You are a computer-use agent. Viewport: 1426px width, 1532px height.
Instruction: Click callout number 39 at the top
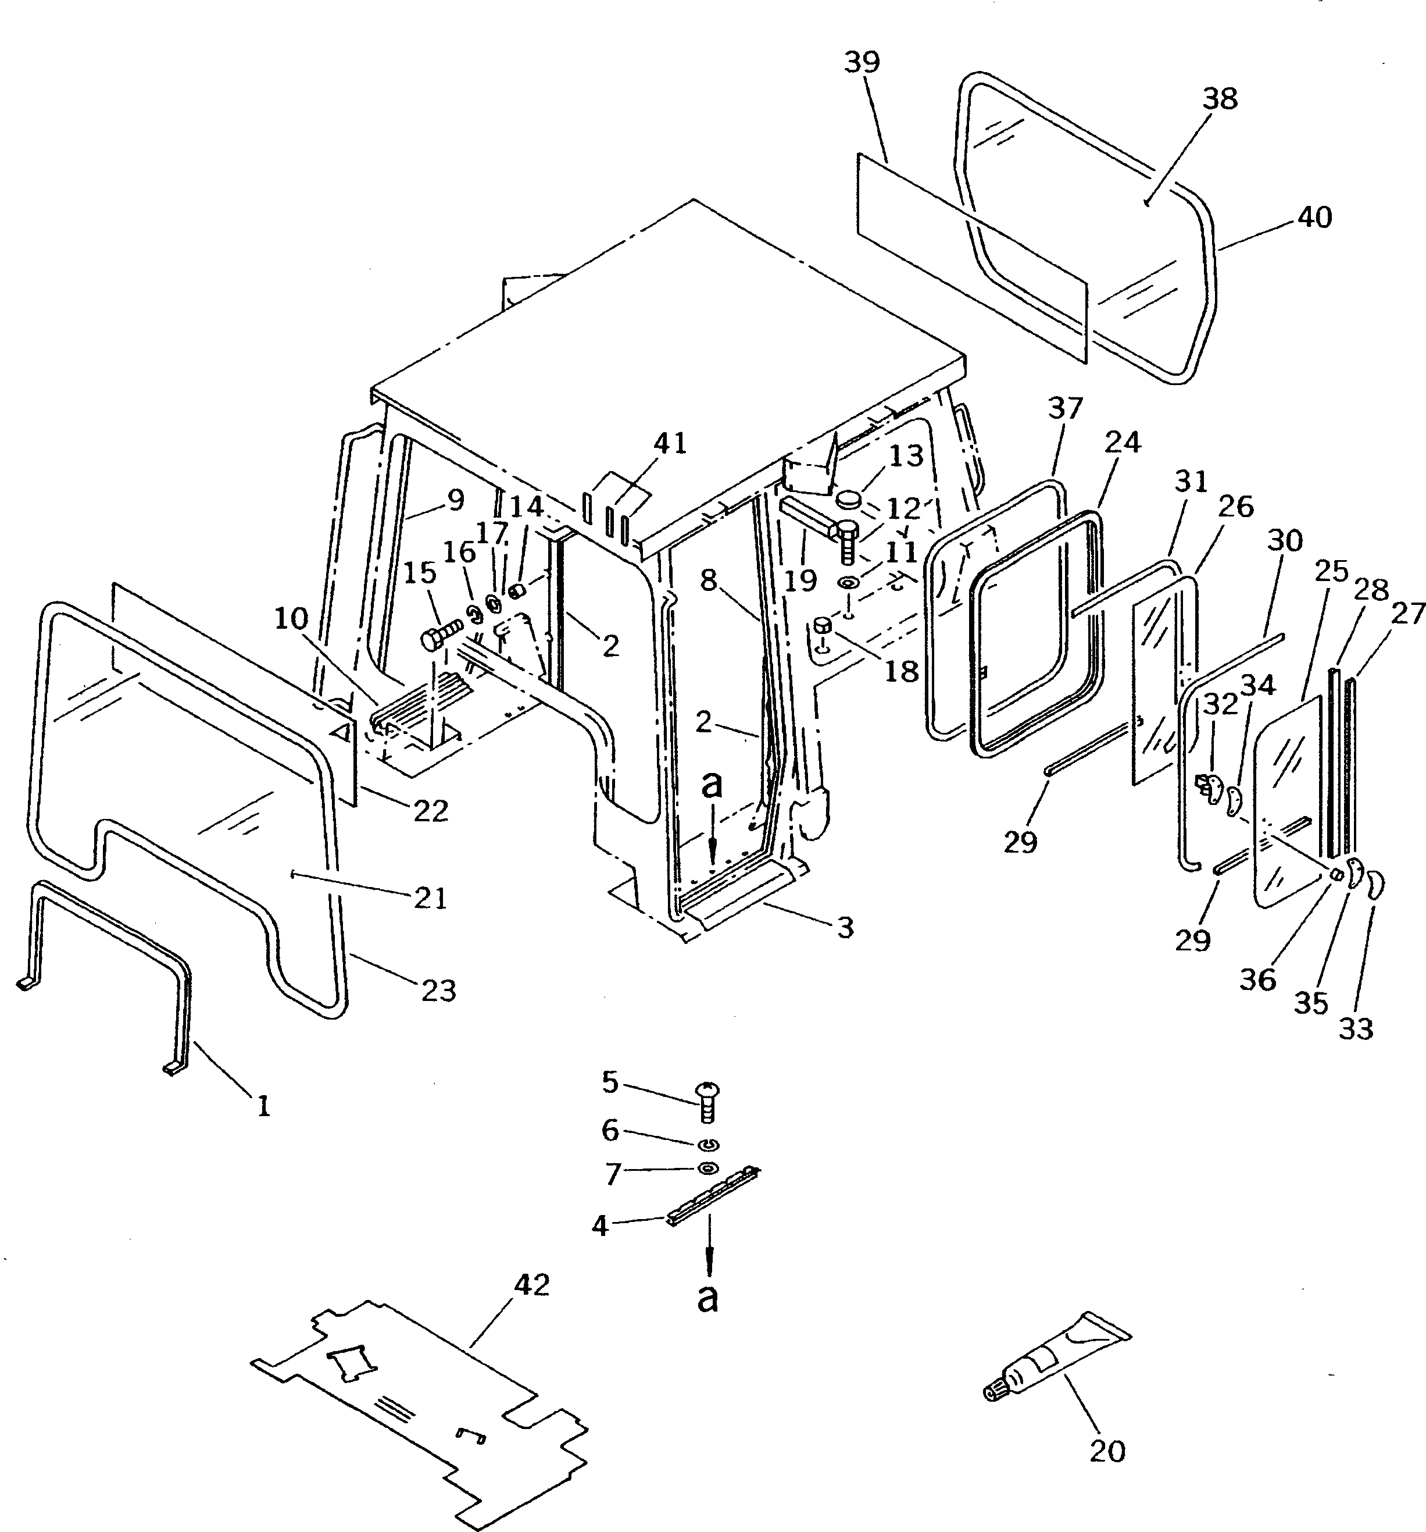(862, 62)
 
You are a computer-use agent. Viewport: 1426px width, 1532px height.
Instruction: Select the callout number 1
(263, 1107)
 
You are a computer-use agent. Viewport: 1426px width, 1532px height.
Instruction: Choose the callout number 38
(1220, 99)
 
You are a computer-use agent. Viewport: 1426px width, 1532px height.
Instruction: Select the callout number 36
(1258, 980)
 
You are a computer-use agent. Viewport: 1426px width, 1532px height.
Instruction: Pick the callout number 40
(1314, 218)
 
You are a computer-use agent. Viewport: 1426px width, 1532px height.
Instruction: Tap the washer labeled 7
(708, 1169)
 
